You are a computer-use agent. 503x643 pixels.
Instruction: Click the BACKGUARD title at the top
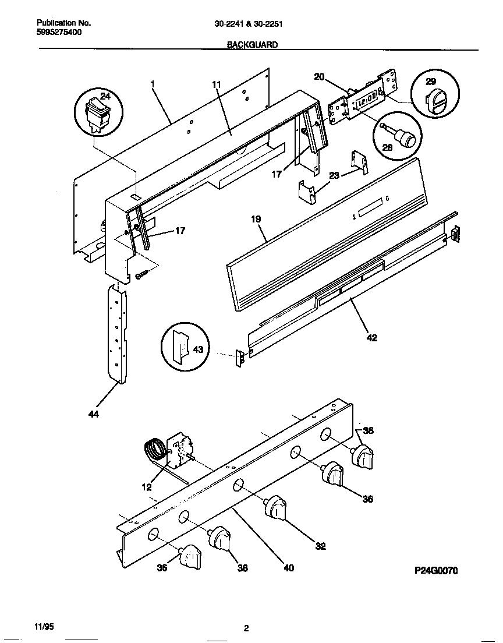click(x=252, y=44)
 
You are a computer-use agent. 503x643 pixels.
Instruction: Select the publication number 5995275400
click(x=59, y=32)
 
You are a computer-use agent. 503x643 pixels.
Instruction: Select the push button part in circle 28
click(x=403, y=137)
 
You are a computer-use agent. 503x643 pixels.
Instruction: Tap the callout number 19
click(x=256, y=220)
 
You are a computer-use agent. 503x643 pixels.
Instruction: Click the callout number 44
click(x=94, y=414)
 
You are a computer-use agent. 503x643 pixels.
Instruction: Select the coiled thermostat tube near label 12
click(x=155, y=452)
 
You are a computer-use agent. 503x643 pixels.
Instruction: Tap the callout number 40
click(x=289, y=568)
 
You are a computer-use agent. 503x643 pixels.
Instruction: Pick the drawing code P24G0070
click(x=435, y=571)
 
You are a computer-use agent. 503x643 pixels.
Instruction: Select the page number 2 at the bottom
click(x=246, y=628)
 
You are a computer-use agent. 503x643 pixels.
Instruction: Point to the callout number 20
click(x=319, y=76)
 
